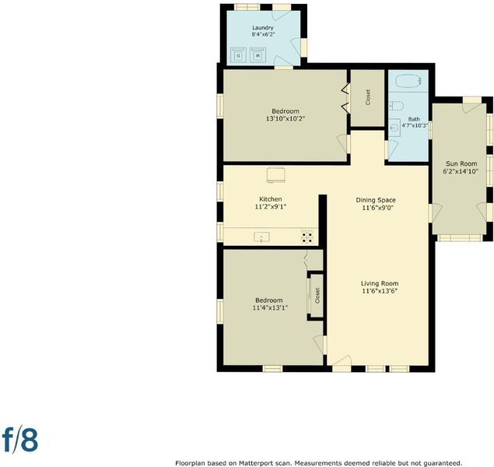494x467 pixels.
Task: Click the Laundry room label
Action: (x=262, y=28)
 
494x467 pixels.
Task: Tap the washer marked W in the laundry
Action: (x=258, y=54)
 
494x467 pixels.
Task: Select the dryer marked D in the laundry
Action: (x=239, y=54)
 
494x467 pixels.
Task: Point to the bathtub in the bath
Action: (x=408, y=80)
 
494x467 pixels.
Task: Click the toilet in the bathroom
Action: (x=396, y=106)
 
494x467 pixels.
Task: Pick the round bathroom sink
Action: (x=394, y=128)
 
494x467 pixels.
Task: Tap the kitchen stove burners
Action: (x=307, y=237)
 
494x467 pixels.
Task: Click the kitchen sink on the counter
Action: (x=261, y=237)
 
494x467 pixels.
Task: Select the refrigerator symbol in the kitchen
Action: (x=276, y=175)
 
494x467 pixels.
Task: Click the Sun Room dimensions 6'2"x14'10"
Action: (x=461, y=171)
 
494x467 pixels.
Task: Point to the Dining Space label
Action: (x=376, y=200)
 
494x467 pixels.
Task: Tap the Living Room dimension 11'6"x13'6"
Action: (x=380, y=291)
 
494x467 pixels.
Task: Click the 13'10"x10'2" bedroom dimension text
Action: (x=286, y=119)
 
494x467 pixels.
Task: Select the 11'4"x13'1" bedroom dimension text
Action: (x=270, y=307)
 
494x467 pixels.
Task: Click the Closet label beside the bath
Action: (x=368, y=97)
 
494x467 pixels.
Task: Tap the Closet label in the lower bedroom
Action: (x=317, y=296)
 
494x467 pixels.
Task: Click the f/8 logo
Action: (x=20, y=439)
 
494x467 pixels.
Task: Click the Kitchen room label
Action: (x=270, y=199)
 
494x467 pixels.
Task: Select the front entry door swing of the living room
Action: (x=342, y=361)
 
